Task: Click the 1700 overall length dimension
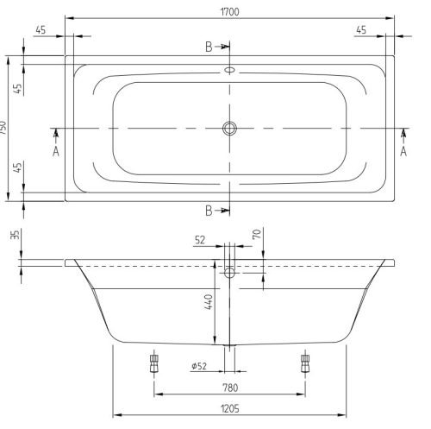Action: [x=229, y=12]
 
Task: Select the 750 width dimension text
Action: [x=5, y=128]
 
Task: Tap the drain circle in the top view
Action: [x=229, y=128]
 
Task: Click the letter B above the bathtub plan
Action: [x=209, y=47]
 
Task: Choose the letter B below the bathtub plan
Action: [x=209, y=210]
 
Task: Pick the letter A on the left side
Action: [x=56, y=150]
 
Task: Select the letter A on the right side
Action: [x=403, y=150]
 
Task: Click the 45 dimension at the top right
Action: [x=361, y=30]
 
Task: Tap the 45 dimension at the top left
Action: [x=41, y=30]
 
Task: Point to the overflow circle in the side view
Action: [x=229, y=274]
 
